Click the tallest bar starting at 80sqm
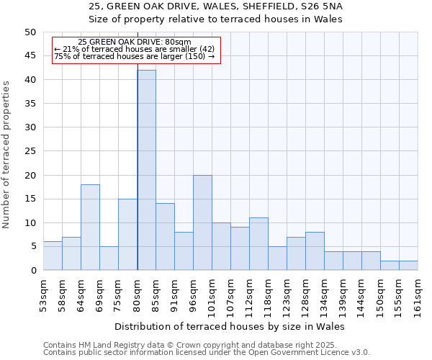[146, 170]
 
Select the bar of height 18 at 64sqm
[90, 227]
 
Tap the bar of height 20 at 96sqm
[202, 222]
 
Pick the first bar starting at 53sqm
[53, 256]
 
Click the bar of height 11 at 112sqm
[258, 244]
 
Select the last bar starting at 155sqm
[408, 266]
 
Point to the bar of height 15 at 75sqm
[127, 234]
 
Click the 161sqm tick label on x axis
[418, 294]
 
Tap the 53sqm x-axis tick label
[44, 294]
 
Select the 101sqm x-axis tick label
[212, 294]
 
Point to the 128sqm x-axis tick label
[306, 294]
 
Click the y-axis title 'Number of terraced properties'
[6, 155]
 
